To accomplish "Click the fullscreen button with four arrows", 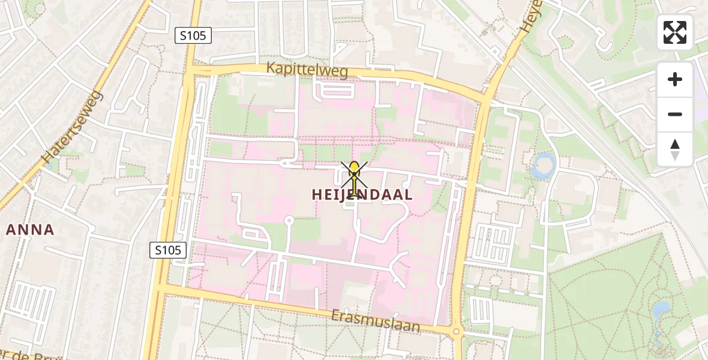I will pyautogui.click(x=675, y=32).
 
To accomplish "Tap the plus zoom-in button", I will pyautogui.click(x=675, y=79).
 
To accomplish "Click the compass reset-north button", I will pyautogui.click(x=675, y=149).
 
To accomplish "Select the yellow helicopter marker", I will pyautogui.click(x=355, y=178).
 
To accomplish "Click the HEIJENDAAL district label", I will pyautogui.click(x=362, y=194).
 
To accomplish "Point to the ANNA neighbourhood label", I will pyautogui.click(x=30, y=229).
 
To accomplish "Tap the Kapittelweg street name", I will pyautogui.click(x=307, y=71).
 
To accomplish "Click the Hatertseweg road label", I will pyautogui.click(x=72, y=127).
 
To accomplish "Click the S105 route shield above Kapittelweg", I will pyautogui.click(x=194, y=35).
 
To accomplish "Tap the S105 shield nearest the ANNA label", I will pyautogui.click(x=169, y=250).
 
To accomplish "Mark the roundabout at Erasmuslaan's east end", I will pyautogui.click(x=456, y=331).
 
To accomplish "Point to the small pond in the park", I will pyautogui.click(x=661, y=310).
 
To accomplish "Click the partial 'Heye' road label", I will pyautogui.click(x=530, y=17).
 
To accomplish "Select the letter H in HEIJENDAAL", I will pyautogui.click(x=318, y=194).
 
